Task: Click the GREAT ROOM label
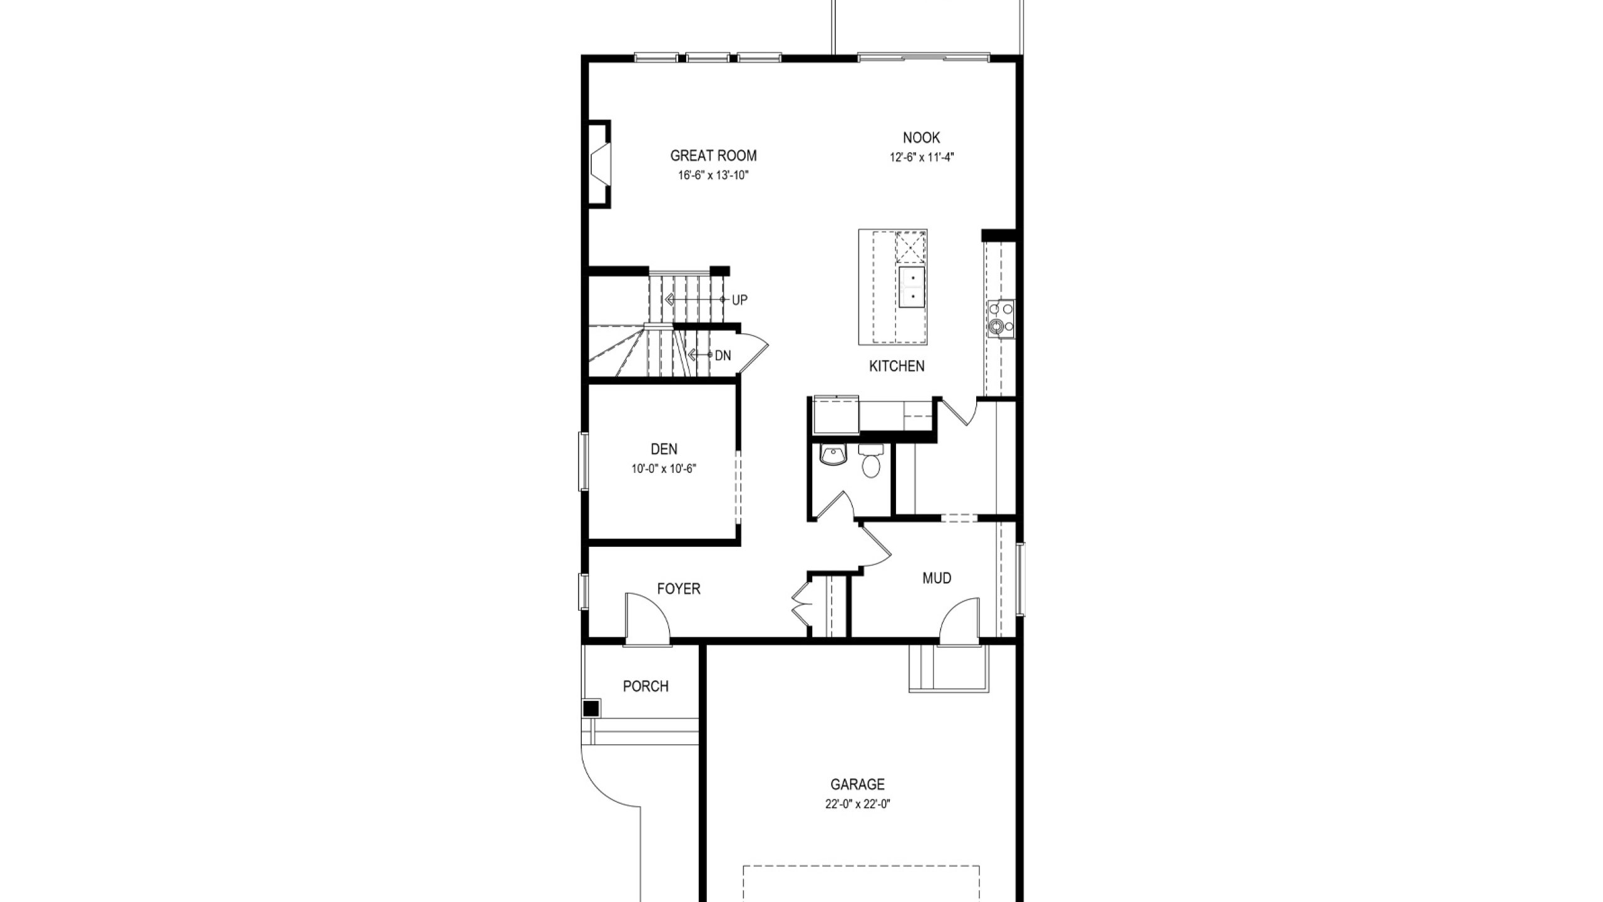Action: click(713, 155)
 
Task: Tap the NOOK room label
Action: click(921, 138)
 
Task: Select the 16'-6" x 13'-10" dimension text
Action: click(713, 175)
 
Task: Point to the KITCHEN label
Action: click(897, 366)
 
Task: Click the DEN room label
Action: click(664, 449)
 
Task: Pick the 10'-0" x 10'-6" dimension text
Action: click(664, 469)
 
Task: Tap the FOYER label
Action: click(679, 589)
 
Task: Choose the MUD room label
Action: click(937, 578)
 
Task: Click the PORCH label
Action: click(646, 687)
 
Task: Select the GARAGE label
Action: click(858, 784)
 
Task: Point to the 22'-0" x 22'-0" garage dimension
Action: click(858, 804)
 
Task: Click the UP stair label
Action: click(740, 300)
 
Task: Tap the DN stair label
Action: click(723, 356)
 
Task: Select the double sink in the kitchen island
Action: click(912, 287)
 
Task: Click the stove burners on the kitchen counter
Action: click(1001, 319)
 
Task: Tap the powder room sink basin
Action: click(832, 455)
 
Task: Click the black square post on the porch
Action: click(590, 709)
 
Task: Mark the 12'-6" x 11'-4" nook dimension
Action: click(922, 157)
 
